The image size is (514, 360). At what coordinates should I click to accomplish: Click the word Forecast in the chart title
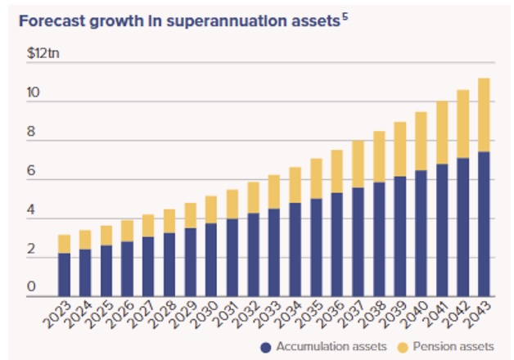(51, 22)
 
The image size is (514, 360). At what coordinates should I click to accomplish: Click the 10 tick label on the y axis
(33, 94)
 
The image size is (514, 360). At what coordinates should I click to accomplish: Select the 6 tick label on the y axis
(32, 172)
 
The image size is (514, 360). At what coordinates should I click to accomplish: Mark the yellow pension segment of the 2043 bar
(484, 115)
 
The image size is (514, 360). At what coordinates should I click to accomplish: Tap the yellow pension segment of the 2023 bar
(64, 244)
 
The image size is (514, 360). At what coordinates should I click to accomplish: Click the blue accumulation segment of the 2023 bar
(64, 274)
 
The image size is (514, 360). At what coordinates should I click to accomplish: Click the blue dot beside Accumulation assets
(266, 347)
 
